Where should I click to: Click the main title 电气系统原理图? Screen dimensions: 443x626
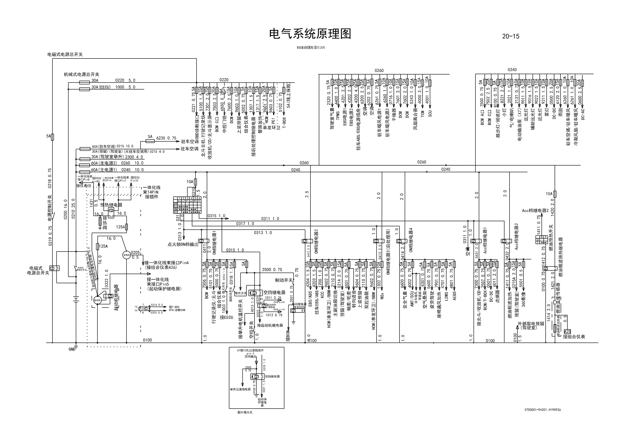click(x=310, y=34)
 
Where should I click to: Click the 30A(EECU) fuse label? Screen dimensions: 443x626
click(x=101, y=87)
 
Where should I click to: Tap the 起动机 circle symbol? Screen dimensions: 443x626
click(x=97, y=300)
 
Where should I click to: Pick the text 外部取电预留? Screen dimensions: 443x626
click(x=531, y=323)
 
